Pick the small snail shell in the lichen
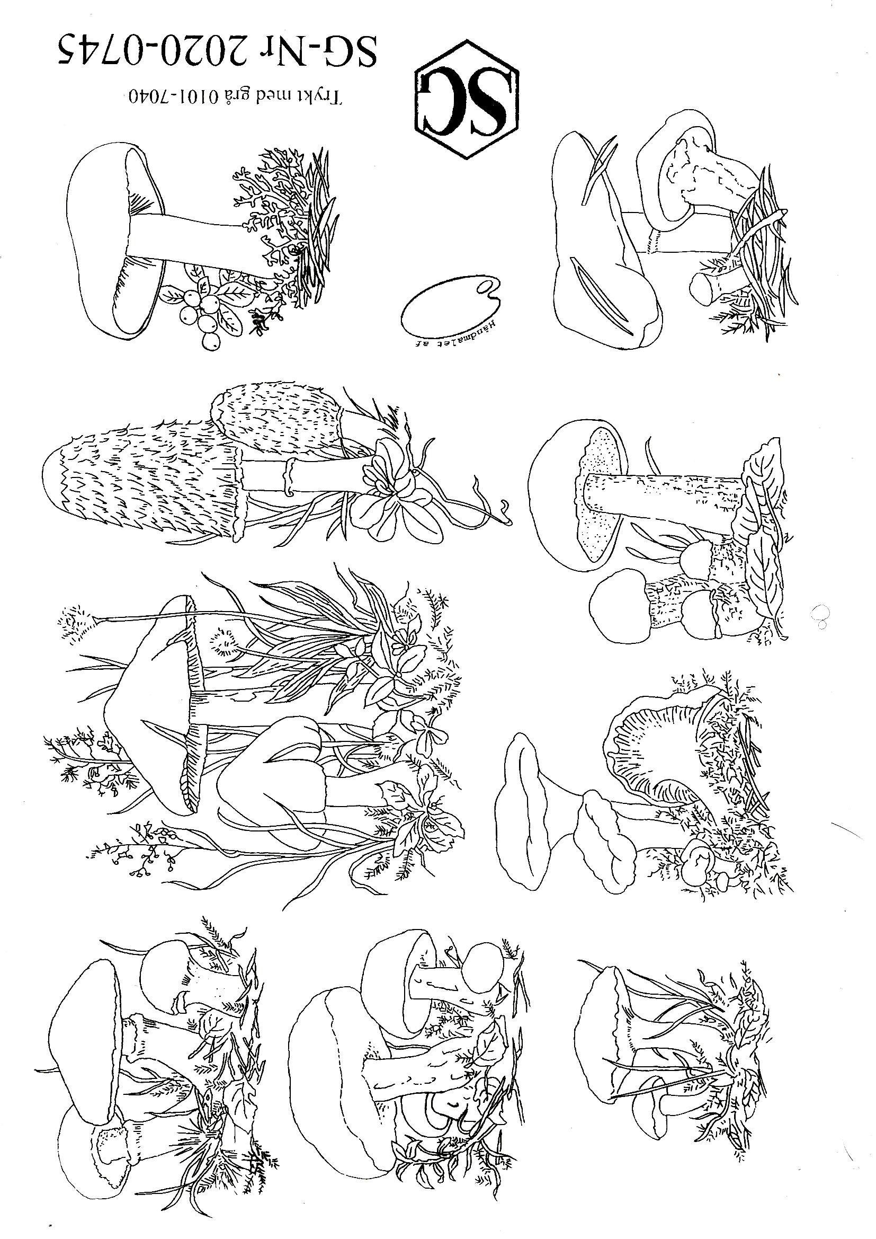tap(293, 250)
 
